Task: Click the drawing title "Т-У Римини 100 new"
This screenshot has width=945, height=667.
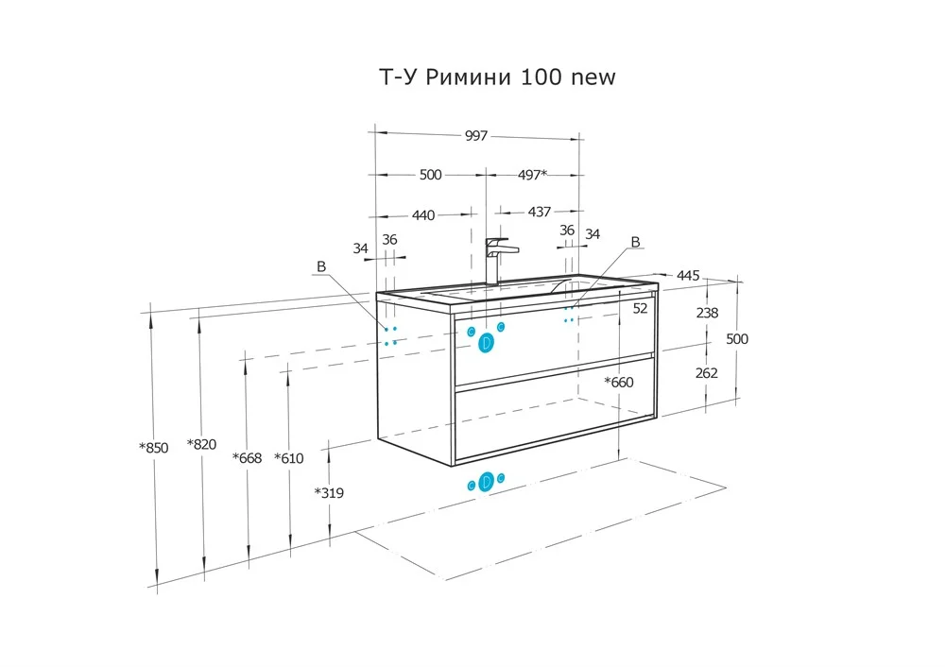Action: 497,77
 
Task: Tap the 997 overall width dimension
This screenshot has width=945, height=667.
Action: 476,136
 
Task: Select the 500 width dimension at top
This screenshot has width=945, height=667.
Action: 430,175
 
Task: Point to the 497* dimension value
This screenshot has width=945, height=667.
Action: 531,175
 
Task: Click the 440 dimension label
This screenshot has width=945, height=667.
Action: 423,215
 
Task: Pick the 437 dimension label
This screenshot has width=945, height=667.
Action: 539,213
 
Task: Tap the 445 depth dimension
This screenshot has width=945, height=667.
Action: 688,276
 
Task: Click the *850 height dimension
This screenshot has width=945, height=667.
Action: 153,448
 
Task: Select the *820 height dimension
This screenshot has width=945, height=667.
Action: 202,444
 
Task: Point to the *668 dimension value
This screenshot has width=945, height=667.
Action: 247,458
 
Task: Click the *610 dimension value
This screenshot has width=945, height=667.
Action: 288,458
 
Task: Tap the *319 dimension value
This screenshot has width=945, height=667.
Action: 329,492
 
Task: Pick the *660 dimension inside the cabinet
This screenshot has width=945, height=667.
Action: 619,383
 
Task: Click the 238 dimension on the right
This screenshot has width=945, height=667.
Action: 706,314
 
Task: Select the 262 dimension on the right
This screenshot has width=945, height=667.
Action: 706,373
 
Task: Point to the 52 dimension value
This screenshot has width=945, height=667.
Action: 640,308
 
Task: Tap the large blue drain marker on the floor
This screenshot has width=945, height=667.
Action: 487,482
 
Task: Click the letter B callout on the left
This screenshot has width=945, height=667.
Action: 321,267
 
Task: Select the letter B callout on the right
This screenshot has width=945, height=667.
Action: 635,242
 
